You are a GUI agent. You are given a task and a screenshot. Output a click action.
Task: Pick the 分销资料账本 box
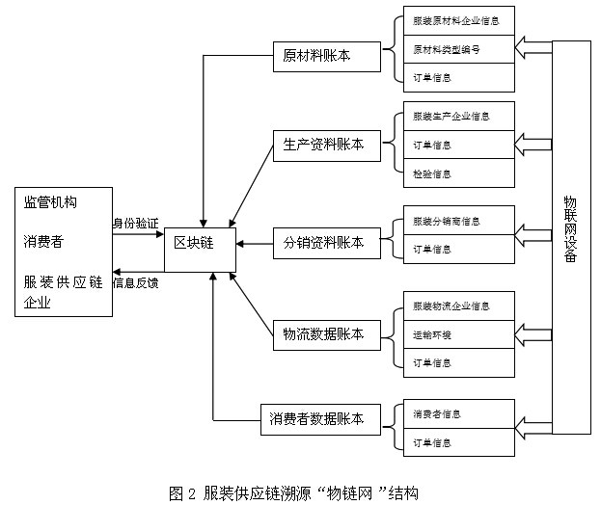(x=324, y=243)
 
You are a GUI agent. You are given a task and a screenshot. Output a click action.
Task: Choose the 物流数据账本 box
(x=324, y=333)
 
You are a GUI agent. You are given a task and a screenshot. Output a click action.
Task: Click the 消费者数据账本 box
(x=317, y=418)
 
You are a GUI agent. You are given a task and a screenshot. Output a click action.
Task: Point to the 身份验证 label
(x=135, y=223)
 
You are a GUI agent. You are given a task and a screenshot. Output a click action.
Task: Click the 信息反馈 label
(x=136, y=283)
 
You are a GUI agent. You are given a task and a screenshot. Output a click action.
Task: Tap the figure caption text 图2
(x=182, y=492)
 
